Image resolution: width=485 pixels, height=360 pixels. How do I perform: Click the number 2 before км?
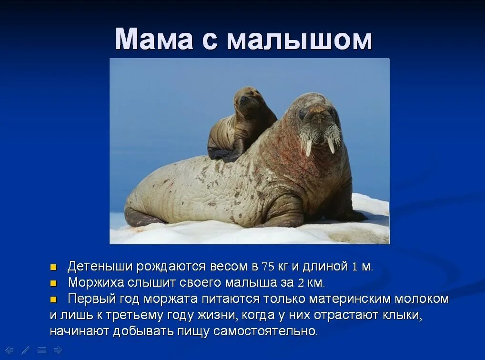point(301,283)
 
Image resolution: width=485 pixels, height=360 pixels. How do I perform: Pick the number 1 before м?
point(354,267)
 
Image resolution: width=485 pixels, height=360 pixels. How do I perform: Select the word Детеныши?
point(101,267)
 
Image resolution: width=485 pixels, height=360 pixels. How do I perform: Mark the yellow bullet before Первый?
point(53,299)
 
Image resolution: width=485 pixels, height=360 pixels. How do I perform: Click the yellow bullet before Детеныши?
point(53,267)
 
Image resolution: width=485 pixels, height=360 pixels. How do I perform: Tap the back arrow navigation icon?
point(9,350)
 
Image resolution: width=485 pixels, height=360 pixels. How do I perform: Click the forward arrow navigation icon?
point(58,350)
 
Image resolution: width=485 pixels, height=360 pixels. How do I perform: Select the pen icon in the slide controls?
point(26,350)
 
